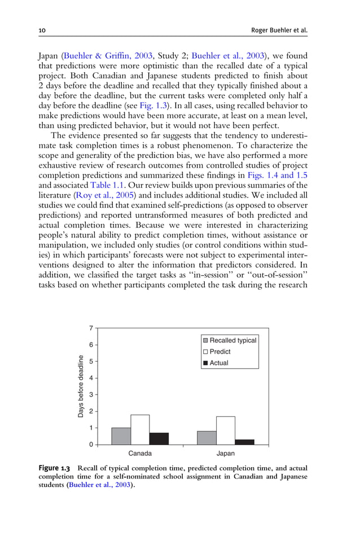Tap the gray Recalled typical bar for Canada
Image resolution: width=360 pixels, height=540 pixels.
[x=121, y=436]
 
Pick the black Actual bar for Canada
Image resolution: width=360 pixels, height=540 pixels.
[x=159, y=438]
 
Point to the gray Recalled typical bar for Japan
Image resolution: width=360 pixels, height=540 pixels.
[x=207, y=438]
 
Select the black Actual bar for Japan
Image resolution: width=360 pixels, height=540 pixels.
[x=244, y=442]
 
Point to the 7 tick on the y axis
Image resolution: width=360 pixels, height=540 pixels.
[x=91, y=328]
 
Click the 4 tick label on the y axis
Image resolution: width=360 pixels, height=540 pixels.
[x=91, y=377]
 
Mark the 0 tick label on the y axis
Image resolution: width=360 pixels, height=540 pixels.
[x=91, y=445]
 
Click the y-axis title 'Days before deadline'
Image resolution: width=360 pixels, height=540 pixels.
[x=81, y=387]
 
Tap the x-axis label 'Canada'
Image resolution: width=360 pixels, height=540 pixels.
[x=140, y=454]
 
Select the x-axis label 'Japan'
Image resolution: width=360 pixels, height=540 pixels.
[x=226, y=454]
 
